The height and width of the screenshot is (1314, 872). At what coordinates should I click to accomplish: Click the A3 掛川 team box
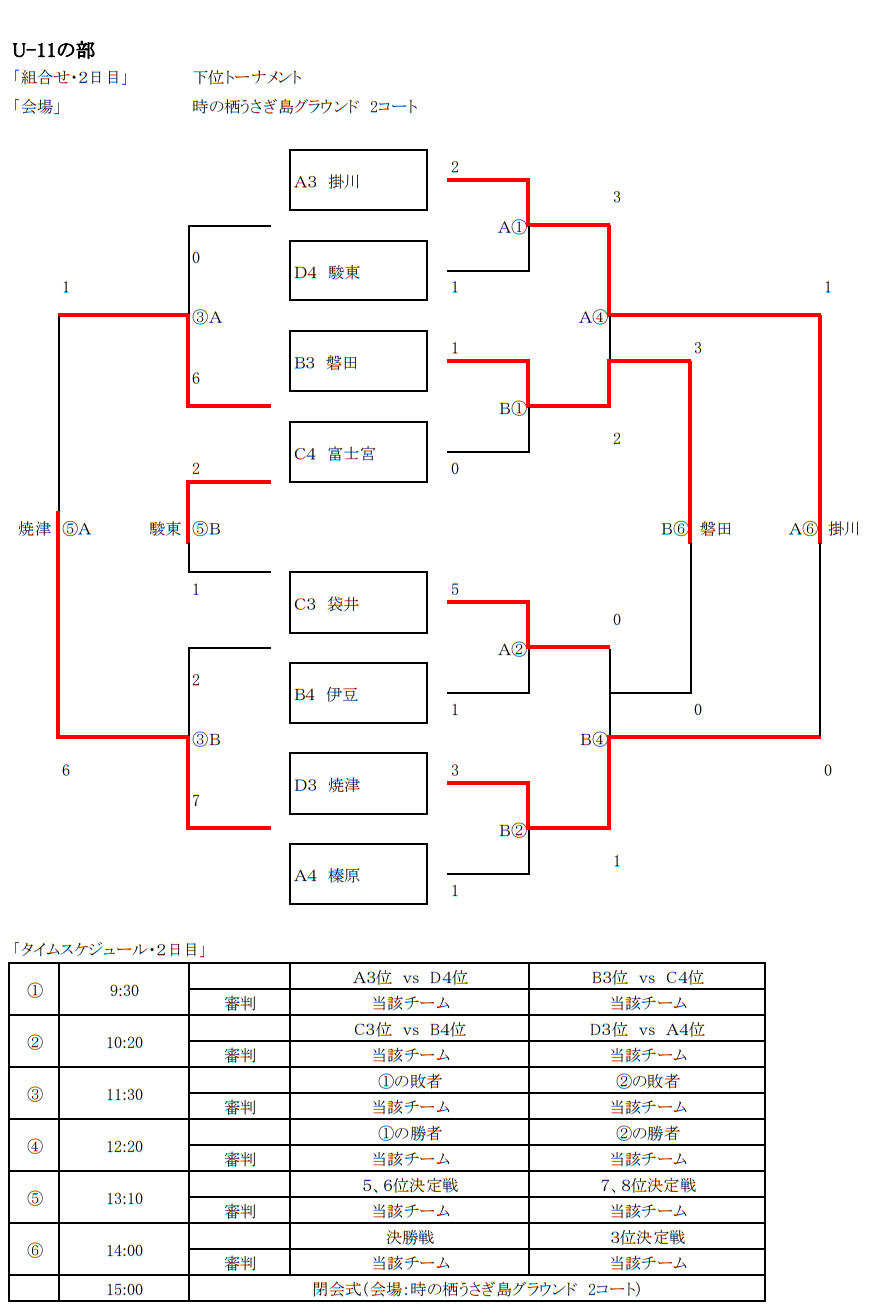coord(358,181)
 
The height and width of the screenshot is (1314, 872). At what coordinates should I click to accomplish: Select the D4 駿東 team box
coord(358,271)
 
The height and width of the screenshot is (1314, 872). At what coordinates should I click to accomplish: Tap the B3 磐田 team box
coord(358,362)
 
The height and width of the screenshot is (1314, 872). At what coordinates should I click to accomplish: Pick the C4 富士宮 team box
coord(358,453)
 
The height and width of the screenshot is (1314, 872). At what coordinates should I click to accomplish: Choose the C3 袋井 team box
coord(358,603)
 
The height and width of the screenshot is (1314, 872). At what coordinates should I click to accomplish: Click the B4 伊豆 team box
coord(358,693)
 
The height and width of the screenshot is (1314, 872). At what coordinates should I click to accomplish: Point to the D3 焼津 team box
coord(358,784)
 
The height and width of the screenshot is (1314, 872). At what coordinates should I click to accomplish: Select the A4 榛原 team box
coord(358,875)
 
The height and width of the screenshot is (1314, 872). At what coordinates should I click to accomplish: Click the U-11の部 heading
coord(53,50)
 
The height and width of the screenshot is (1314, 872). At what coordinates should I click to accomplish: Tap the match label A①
coord(512,227)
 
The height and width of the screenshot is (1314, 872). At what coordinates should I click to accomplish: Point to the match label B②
coord(512,830)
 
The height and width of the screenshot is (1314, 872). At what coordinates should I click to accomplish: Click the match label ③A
coord(207,317)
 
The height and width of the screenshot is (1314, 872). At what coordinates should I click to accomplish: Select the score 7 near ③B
coord(196,801)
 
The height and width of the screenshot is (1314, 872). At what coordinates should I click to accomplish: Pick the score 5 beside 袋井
coord(455,589)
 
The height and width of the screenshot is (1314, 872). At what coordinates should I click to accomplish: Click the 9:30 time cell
coord(124,990)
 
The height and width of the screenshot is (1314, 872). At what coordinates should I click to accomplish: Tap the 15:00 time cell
coord(124,1289)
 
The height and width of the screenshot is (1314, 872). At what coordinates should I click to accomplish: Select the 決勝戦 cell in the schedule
coord(410,1237)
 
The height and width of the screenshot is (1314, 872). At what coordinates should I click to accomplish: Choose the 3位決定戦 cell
coord(647,1237)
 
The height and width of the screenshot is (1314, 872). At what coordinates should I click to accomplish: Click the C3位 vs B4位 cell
coord(410,1029)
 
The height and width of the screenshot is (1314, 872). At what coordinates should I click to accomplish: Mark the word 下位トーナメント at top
coord(248,77)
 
